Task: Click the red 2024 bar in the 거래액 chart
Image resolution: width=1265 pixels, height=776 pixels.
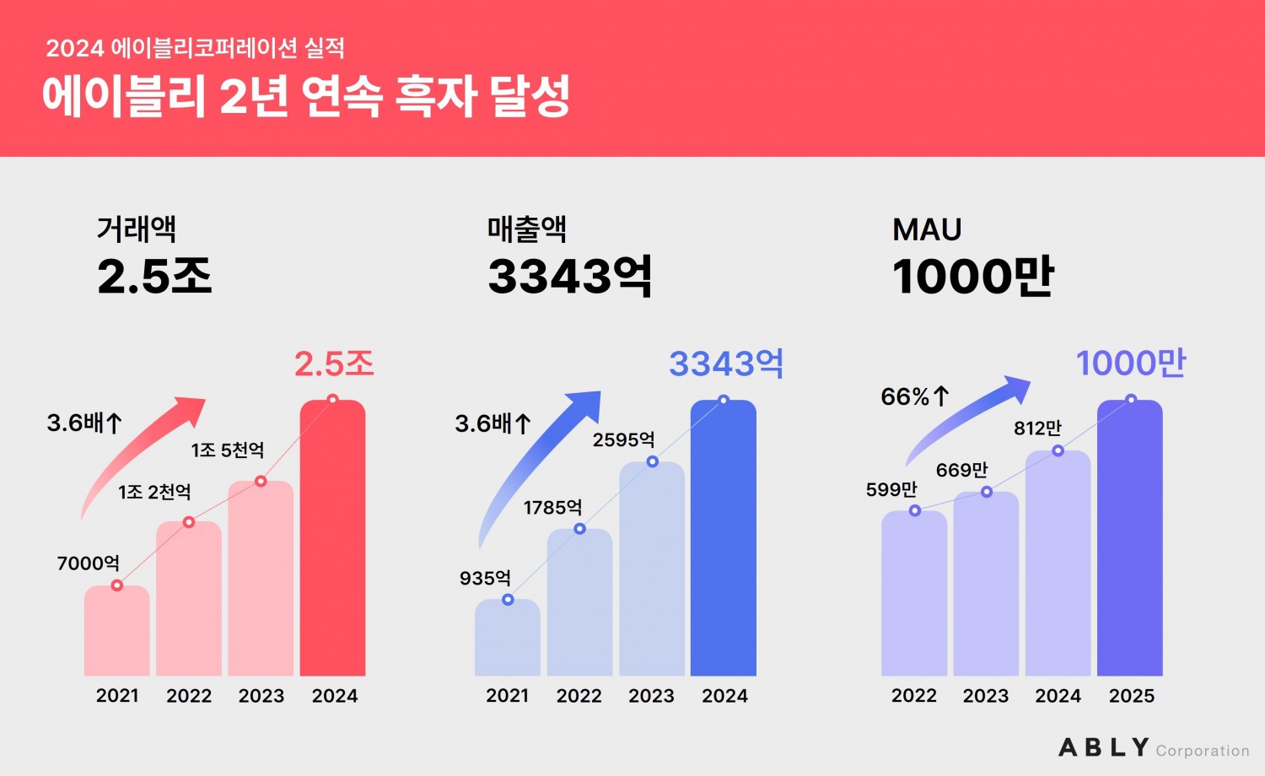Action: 333,540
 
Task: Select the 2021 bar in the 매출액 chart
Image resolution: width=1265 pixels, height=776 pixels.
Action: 508,639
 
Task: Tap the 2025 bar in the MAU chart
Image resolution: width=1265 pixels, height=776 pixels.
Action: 1130,540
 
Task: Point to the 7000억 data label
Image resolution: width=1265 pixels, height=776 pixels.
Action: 88,563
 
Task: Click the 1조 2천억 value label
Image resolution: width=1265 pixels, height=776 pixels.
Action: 154,492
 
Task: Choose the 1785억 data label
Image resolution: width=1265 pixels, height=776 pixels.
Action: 552,507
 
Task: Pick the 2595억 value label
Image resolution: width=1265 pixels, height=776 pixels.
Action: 623,439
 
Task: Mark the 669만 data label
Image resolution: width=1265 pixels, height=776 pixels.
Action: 961,470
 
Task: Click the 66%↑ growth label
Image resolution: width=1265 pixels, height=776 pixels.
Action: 915,396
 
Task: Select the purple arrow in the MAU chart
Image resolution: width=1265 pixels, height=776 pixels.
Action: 970,418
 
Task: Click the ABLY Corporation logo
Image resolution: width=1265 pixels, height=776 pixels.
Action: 1153,748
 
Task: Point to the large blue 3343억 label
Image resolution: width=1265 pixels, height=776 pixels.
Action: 726,364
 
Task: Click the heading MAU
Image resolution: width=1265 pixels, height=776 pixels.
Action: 927,229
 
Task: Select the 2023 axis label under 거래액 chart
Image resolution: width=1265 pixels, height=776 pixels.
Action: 261,696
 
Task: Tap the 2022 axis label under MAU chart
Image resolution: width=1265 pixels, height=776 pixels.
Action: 914,696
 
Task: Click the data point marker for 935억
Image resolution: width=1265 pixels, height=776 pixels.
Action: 508,600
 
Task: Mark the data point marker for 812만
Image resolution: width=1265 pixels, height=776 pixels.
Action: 1058,451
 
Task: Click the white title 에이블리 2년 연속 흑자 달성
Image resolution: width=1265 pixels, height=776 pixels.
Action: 306,96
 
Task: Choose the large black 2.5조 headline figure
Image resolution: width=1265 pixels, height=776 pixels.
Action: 154,276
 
